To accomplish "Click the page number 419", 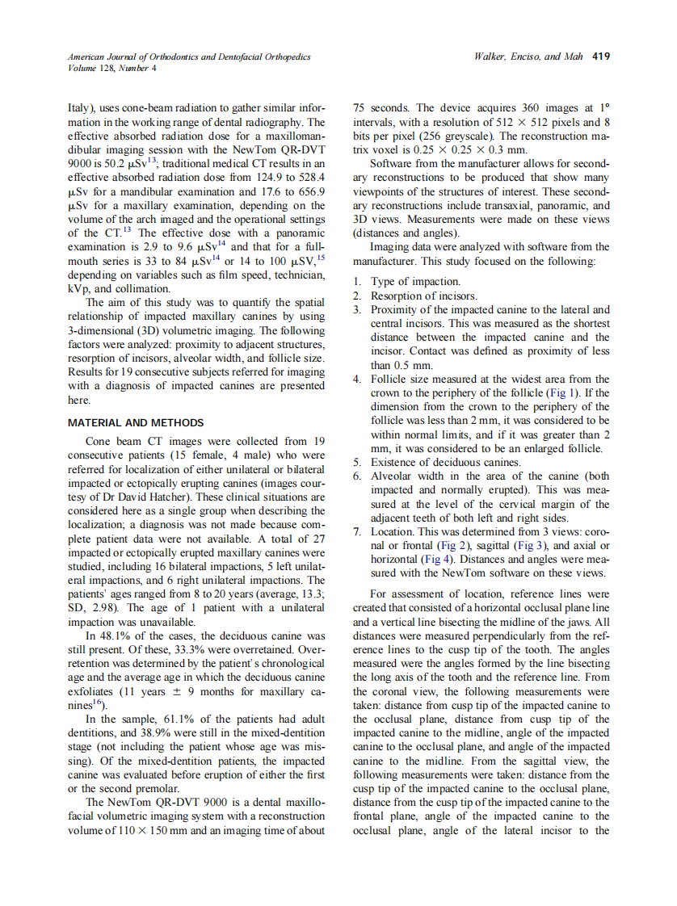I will coord(600,57).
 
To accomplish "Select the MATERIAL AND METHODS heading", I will coord(136,422).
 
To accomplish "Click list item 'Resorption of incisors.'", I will coord(423,296).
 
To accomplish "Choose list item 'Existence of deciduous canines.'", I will coord(445,463).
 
